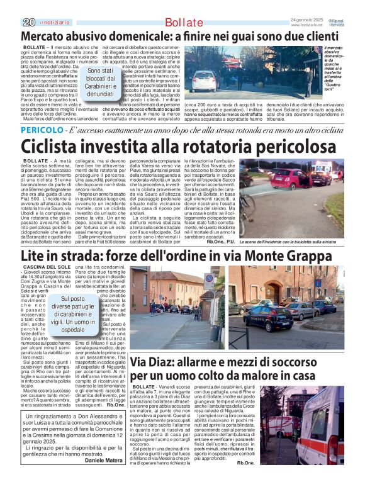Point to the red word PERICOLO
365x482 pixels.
point(42,129)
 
